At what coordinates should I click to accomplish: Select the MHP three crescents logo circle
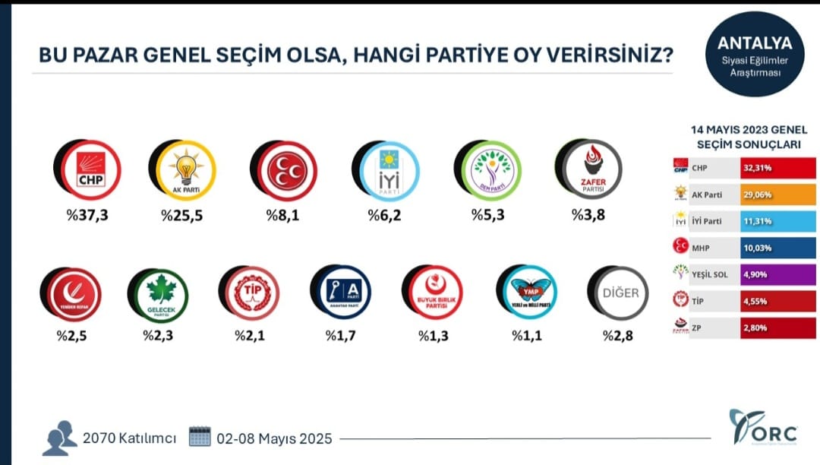click(286, 171)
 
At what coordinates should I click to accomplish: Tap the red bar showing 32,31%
click(778, 167)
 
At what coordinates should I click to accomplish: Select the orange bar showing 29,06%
click(778, 195)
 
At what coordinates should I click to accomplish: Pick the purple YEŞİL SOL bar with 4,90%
click(778, 274)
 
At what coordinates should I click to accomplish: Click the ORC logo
click(763, 430)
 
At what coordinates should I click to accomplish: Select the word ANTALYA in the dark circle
click(754, 43)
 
